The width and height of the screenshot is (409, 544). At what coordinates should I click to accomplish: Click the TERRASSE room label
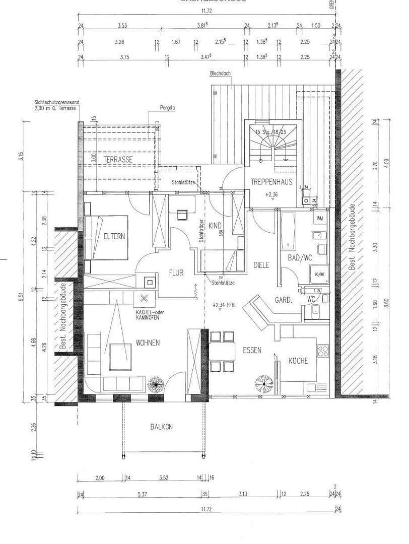118,159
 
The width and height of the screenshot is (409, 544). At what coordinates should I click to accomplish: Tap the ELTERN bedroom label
114,236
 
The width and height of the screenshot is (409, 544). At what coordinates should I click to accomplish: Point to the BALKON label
161,426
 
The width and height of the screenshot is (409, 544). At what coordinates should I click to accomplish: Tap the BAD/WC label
300,258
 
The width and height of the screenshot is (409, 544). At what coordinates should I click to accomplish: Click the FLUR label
176,273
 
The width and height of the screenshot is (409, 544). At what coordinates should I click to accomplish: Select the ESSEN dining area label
252,351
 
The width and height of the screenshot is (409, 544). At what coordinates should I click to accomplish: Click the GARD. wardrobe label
284,300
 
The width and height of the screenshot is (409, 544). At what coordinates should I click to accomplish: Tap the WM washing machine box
320,219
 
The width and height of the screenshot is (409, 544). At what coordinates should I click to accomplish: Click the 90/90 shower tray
319,275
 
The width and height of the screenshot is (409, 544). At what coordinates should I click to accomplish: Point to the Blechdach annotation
220,74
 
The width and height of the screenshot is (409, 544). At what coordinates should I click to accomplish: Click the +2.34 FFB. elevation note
225,305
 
